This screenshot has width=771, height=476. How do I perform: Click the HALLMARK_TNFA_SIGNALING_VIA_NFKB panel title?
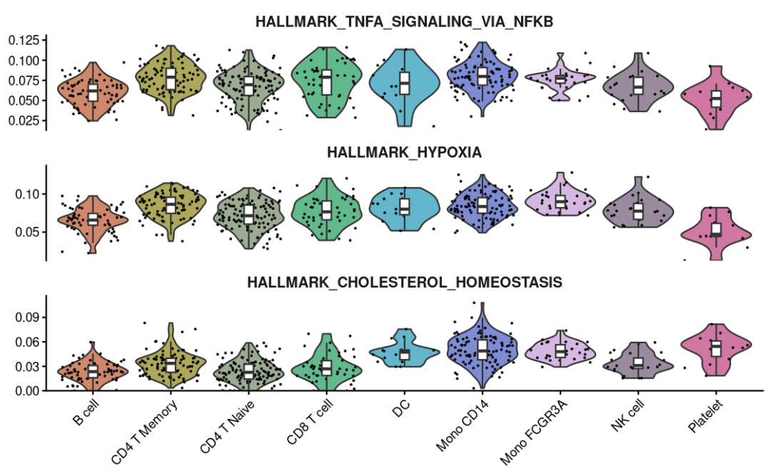click(404, 22)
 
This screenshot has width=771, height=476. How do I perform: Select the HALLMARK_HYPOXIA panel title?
click(404, 152)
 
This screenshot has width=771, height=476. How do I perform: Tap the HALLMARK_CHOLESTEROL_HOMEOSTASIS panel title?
click(404, 283)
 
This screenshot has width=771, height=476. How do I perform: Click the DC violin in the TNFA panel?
click(405, 83)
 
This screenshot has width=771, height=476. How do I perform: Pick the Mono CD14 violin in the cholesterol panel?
click(483, 350)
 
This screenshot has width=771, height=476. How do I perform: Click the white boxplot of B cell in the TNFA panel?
click(93, 93)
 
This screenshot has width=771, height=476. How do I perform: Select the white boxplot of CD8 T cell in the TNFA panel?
click(326, 83)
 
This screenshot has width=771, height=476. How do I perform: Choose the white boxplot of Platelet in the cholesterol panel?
click(716, 348)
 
